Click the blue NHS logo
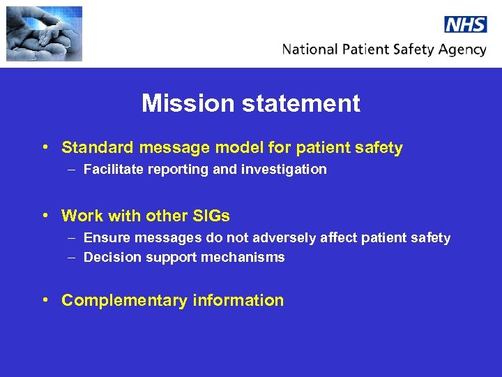(465, 24)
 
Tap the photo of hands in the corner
(44, 34)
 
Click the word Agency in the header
(464, 50)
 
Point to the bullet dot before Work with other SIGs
(45, 216)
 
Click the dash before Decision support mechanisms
(73, 257)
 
